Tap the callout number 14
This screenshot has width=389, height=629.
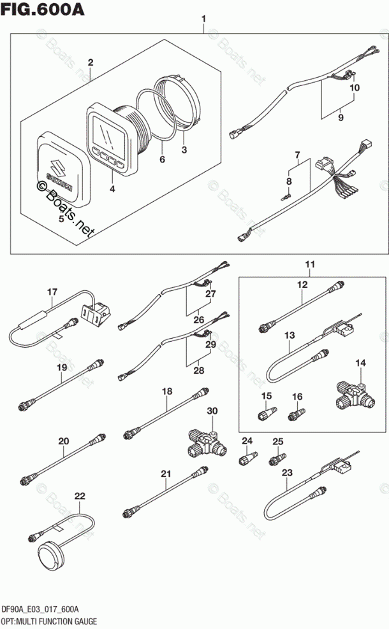[x=361, y=364]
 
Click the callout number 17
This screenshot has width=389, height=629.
[x=52, y=293]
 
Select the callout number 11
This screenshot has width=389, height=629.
[x=310, y=264]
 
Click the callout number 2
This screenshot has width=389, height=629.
[x=91, y=62]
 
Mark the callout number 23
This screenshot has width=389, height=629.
[x=287, y=473]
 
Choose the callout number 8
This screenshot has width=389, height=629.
[x=288, y=182]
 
